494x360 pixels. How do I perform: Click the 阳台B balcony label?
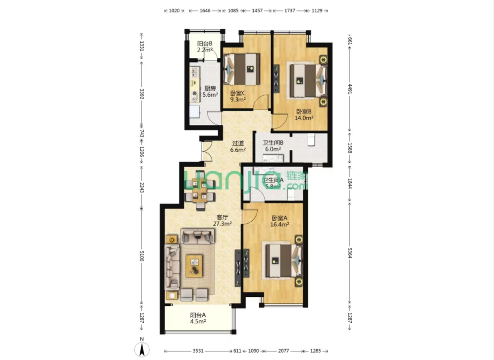pyautogui.click(x=205, y=44)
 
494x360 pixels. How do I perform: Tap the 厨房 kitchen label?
pyautogui.click(x=210, y=88)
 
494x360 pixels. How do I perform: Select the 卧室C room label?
pyautogui.click(x=238, y=93)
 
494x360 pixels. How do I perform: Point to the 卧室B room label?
pyautogui.click(x=304, y=112)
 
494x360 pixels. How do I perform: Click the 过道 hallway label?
pyautogui.click(x=238, y=143)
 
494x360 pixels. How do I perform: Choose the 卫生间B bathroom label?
pyautogui.click(x=273, y=143)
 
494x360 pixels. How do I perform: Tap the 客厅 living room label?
pyautogui.click(x=222, y=217)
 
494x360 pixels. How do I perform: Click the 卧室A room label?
pyautogui.click(x=280, y=218)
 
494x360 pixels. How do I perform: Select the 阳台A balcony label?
pyautogui.click(x=198, y=315)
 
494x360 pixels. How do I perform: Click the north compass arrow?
pyautogui.click(x=142, y=349)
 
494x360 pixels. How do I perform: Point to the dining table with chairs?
pyautogui.click(x=200, y=190)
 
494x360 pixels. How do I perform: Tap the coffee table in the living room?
pyautogui.click(x=194, y=266)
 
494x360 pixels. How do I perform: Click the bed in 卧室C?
pyautogui.click(x=242, y=69)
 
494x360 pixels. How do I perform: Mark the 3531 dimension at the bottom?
pyautogui.click(x=198, y=351)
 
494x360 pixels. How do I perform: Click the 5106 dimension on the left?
pyautogui.click(x=141, y=256)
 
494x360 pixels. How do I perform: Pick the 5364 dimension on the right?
pyautogui.click(x=350, y=253)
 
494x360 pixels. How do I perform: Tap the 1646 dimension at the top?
pyautogui.click(x=205, y=11)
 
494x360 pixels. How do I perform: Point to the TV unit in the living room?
pyautogui.click(x=238, y=268)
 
